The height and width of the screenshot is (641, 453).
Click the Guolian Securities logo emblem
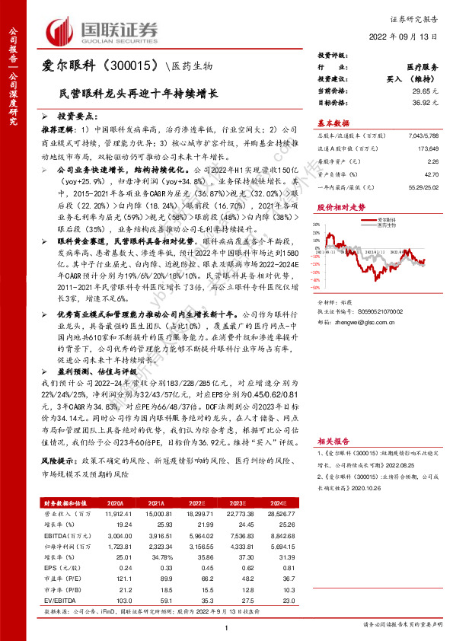coord(62,30)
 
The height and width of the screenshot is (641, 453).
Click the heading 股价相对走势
coord(337,207)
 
